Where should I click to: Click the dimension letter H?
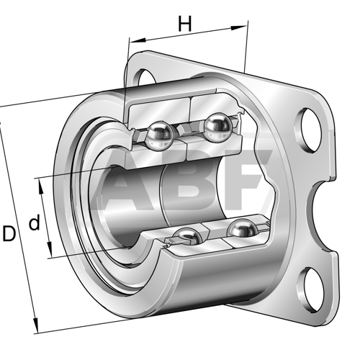(185, 24)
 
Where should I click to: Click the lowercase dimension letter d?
(35, 222)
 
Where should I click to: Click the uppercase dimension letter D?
(9, 233)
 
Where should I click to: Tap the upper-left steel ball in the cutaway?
(160, 136)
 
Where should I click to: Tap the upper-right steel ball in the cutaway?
(218, 127)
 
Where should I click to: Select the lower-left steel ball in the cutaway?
(188, 236)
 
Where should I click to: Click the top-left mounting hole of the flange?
(144, 77)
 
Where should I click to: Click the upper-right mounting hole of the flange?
(309, 130)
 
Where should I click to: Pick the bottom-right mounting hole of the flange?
(310, 290)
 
